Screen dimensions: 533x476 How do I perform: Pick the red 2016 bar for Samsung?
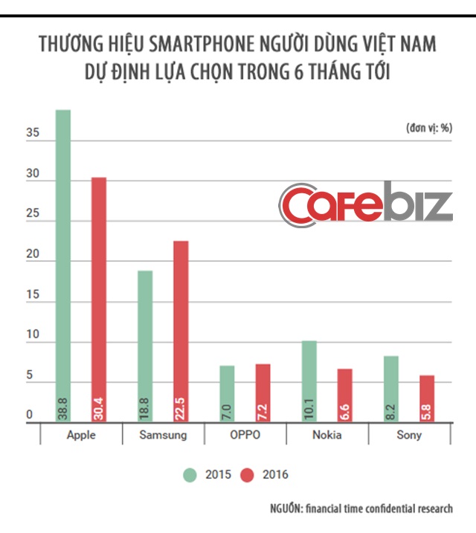coord(181,332)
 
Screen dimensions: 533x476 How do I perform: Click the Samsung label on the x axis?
coord(163,436)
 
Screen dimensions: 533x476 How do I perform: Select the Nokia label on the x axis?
coord(327,436)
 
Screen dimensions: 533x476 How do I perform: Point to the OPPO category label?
coord(245,436)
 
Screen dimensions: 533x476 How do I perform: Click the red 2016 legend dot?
coord(248,474)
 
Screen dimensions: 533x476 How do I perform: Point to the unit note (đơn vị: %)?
coord(429,128)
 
